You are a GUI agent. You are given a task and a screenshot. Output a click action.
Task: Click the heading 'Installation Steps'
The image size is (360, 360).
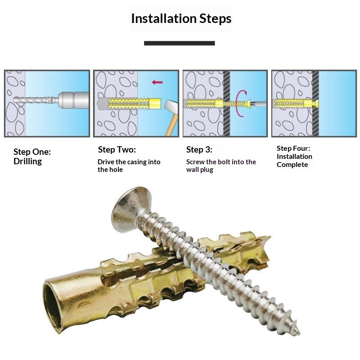click(181, 18)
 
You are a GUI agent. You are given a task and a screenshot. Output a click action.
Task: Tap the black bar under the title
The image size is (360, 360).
click(179, 43)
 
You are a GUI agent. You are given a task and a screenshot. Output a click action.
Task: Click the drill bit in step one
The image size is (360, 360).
click(34, 100)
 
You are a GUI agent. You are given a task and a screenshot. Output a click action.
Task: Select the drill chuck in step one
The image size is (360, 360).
click(73, 100)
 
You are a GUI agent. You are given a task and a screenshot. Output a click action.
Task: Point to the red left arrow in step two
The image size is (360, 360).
click(157, 82)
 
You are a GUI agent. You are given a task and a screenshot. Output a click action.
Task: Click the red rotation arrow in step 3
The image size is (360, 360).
click(241, 103)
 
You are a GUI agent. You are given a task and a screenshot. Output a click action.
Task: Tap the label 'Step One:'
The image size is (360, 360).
click(32, 152)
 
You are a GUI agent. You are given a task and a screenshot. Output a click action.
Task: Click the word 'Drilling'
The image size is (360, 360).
click(27, 162)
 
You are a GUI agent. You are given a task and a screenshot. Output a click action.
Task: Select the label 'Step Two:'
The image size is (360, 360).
click(117, 150)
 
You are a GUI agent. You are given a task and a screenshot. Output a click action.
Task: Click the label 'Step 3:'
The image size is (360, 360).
click(199, 150)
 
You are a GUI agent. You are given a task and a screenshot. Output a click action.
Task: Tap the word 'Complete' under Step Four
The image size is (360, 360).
click(292, 165)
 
